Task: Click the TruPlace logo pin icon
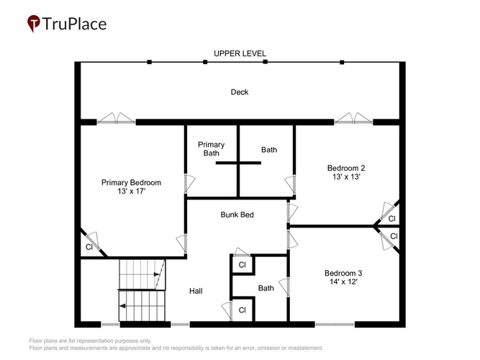(33, 23)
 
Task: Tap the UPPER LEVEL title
(240, 53)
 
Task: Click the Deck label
(240, 92)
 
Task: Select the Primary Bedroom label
(131, 183)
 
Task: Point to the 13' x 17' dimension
(131, 192)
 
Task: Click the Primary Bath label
(212, 149)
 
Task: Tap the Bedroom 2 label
(346, 168)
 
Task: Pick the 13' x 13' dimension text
(346, 176)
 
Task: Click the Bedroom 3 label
(343, 273)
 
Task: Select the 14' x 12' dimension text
(343, 282)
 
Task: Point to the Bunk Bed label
(237, 215)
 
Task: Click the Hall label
(196, 291)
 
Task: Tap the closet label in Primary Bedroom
(89, 247)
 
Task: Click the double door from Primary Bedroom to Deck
(117, 119)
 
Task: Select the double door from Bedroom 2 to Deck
(353, 119)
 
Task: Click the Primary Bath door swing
(189, 184)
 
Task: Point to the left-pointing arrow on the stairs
(123, 306)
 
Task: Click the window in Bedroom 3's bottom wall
(335, 324)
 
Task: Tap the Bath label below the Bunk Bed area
(266, 288)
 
